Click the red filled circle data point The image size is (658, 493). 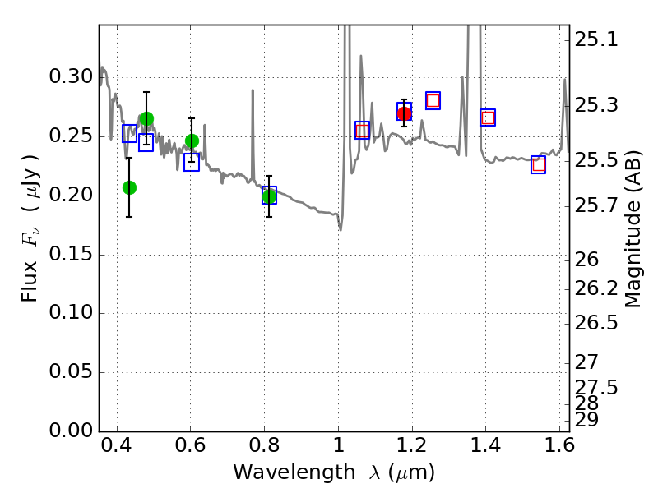(x=404, y=113)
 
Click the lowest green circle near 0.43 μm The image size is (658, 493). (x=129, y=187)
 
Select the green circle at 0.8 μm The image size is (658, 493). (x=269, y=196)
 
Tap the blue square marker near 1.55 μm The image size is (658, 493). (x=539, y=164)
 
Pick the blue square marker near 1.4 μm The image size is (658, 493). (x=488, y=117)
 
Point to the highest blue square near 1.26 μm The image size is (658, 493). (x=433, y=100)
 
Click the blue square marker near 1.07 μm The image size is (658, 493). (x=362, y=130)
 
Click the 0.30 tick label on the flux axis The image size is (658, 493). (x=72, y=77)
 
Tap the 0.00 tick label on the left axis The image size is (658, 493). (x=72, y=431)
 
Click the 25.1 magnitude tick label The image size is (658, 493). (x=596, y=39)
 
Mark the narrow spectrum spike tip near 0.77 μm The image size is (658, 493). (x=253, y=90)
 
